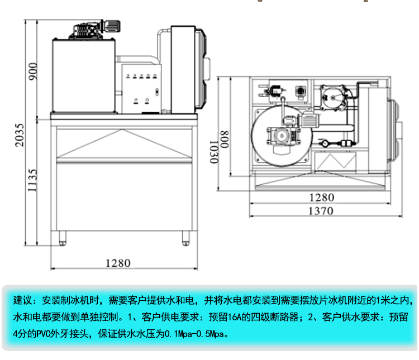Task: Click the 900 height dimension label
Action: click(33, 70)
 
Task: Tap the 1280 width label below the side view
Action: click(117, 263)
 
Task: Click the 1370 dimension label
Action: click(321, 211)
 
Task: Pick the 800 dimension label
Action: click(225, 138)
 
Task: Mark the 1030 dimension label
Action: click(213, 151)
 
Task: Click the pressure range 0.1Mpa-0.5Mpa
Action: click(191, 335)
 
